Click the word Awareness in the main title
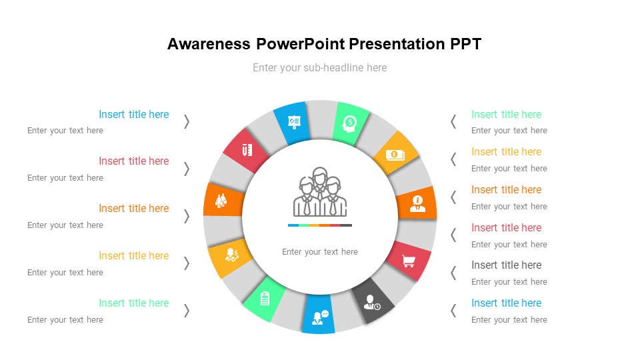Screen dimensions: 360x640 [x=209, y=45]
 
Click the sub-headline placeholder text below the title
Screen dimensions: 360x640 [x=319, y=67]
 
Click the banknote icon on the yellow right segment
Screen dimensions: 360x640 [x=395, y=155]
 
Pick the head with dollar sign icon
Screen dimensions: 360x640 [x=349, y=123]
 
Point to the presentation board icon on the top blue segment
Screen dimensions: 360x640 [x=293, y=122]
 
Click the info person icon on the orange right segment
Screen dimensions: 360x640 [x=417, y=203]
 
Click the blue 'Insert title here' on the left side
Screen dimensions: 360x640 [x=133, y=114]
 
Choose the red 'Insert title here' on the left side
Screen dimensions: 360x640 [x=133, y=161]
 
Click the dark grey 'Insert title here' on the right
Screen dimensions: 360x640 [x=506, y=265]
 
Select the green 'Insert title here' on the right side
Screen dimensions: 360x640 [x=506, y=114]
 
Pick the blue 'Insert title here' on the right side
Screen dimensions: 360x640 [x=506, y=303]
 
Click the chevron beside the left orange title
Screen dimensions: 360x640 [x=187, y=215]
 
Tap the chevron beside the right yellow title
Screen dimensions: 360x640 [x=453, y=159]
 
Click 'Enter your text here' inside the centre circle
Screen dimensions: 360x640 [x=320, y=252]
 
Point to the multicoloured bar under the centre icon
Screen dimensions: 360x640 [x=320, y=225]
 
